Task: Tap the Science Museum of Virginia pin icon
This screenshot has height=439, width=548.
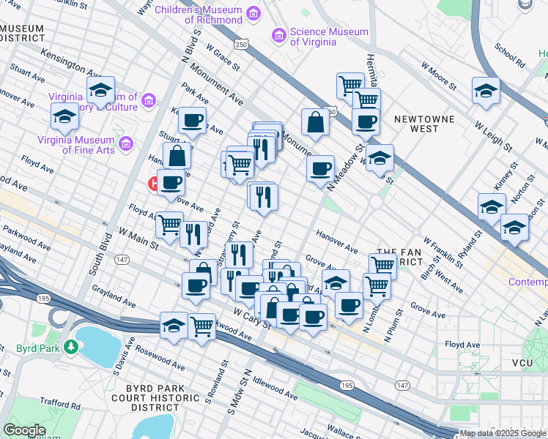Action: (278, 35)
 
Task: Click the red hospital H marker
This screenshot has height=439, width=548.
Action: (155, 184)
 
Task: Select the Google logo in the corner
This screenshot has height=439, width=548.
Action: (23, 430)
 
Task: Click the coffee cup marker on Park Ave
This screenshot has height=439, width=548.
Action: (193, 121)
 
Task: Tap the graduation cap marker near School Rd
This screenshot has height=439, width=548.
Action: (485, 91)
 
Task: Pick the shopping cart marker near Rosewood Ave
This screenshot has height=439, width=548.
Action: (201, 326)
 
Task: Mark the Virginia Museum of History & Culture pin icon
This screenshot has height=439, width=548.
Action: (149, 100)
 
